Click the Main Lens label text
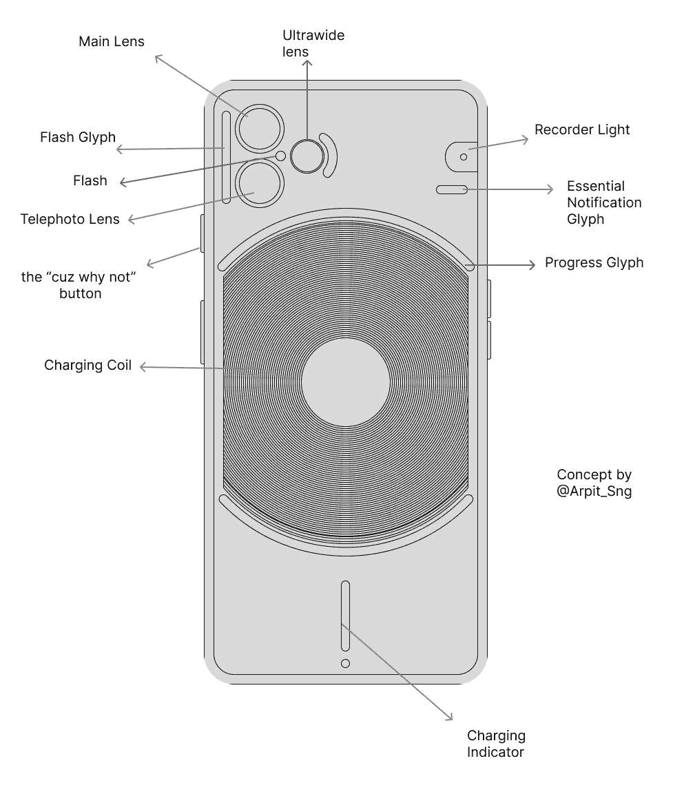[x=112, y=41]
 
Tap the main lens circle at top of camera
[x=259, y=128]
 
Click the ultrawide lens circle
[x=307, y=156]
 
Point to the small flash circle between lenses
[x=280, y=156]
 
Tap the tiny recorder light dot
[x=464, y=157]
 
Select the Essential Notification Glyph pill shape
[x=452, y=189]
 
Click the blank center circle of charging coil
[x=346, y=381]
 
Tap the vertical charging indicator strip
[x=345, y=616]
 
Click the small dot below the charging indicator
[x=345, y=662]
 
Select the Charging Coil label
[x=87, y=365]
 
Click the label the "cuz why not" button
[x=80, y=285]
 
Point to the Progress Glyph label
[x=594, y=262]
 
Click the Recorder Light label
[x=582, y=129]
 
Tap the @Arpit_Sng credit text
[x=594, y=492]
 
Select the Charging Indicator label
[x=496, y=744]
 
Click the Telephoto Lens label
[x=70, y=219]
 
